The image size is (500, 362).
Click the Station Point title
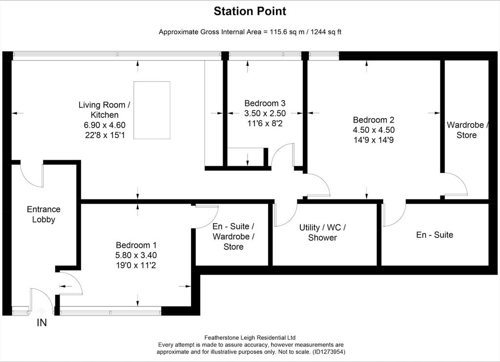pos(250,11)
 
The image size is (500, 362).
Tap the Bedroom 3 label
pos(265,104)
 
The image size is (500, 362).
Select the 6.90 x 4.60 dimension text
pos(104,125)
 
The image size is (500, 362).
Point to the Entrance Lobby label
pos(43,214)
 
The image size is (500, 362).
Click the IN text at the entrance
pos(42,323)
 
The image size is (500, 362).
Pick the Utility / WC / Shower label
pos(323,233)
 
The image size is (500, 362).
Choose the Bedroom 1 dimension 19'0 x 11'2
pos(136,265)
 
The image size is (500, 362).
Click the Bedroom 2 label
pos(374,120)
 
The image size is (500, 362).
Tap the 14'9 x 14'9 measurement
pos(374,140)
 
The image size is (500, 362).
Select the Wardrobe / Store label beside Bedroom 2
pos(467,130)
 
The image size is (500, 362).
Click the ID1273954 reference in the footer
pos(328,352)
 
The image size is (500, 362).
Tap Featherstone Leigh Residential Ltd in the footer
pos(250,338)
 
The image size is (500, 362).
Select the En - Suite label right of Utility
pos(435,235)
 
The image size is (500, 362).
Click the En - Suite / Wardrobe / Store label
pos(233,236)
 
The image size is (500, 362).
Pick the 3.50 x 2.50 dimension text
pos(265,113)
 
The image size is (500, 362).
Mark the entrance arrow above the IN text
pos(42,311)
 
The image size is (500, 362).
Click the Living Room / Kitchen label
pos(104,110)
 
